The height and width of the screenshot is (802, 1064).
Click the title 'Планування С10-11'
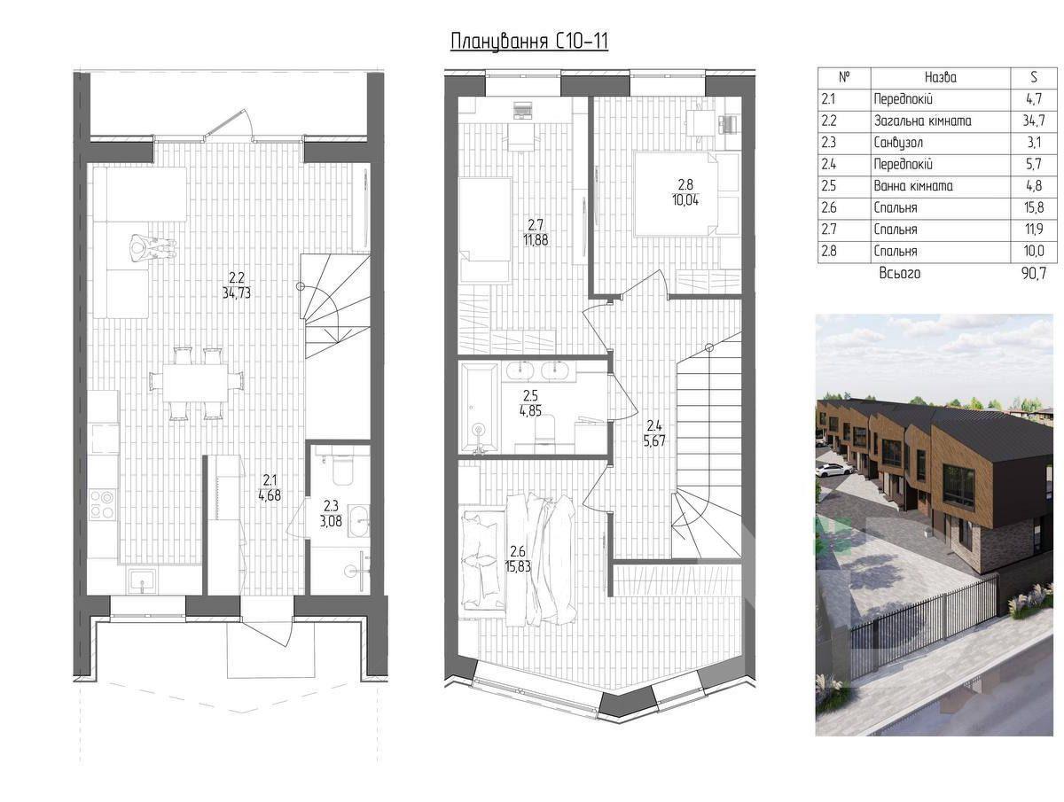pos(528,42)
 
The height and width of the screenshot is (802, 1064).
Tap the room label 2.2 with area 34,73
pos(237,285)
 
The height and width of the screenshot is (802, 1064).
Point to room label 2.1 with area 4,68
pos(270,487)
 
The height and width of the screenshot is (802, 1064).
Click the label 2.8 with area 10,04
pos(685,192)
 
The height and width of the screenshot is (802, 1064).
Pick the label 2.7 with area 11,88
pos(536,232)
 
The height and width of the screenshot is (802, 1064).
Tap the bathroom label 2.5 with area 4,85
pos(530,403)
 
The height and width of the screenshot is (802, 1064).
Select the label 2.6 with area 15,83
pos(518,559)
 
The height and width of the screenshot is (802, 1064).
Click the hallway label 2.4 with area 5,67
pos(654,433)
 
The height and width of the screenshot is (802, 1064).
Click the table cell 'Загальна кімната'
pos(922,121)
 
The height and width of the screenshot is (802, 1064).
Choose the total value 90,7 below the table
pos(1034,274)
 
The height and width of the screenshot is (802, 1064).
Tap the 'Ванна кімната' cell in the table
pos(913,186)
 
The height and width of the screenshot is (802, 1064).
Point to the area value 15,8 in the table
pos(1034,207)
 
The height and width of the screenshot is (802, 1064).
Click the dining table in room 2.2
pos(196,383)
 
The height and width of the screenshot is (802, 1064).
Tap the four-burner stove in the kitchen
pos(103,504)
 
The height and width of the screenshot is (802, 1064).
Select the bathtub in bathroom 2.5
pos(478,408)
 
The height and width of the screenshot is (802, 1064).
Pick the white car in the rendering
pos(834,469)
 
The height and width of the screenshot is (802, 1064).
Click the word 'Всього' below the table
pos(899,274)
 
